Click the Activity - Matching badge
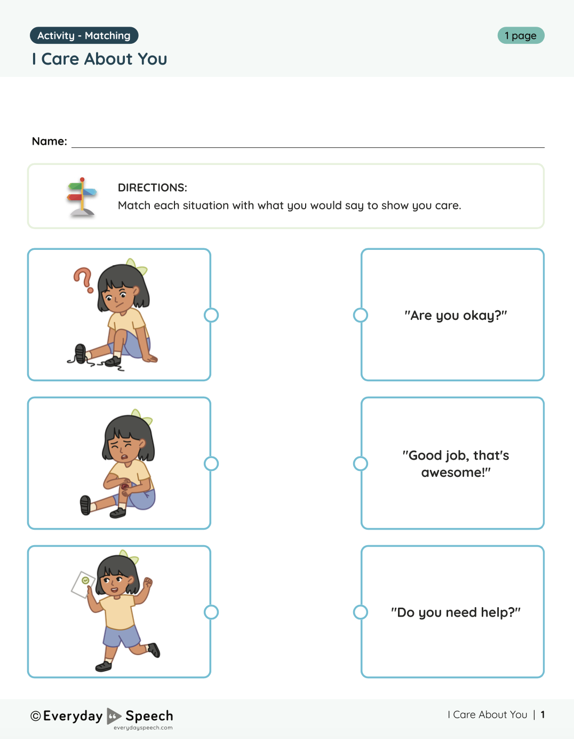tap(84, 36)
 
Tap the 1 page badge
tap(521, 36)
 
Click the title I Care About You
tap(99, 59)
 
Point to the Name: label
tap(49, 141)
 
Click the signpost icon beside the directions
tap(82, 197)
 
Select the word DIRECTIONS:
tap(152, 187)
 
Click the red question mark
tap(83, 280)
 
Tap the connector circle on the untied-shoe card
tap(211, 315)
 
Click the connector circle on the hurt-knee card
tap(211, 463)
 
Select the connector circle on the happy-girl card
tap(211, 612)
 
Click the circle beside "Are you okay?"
tap(361, 315)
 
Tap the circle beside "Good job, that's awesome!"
tap(361, 463)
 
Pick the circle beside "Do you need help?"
tap(361, 612)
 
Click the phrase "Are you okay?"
tap(456, 316)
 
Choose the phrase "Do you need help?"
tap(456, 612)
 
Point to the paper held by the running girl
tap(83, 584)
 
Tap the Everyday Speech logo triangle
tap(114, 716)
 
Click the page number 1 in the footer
tap(543, 714)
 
